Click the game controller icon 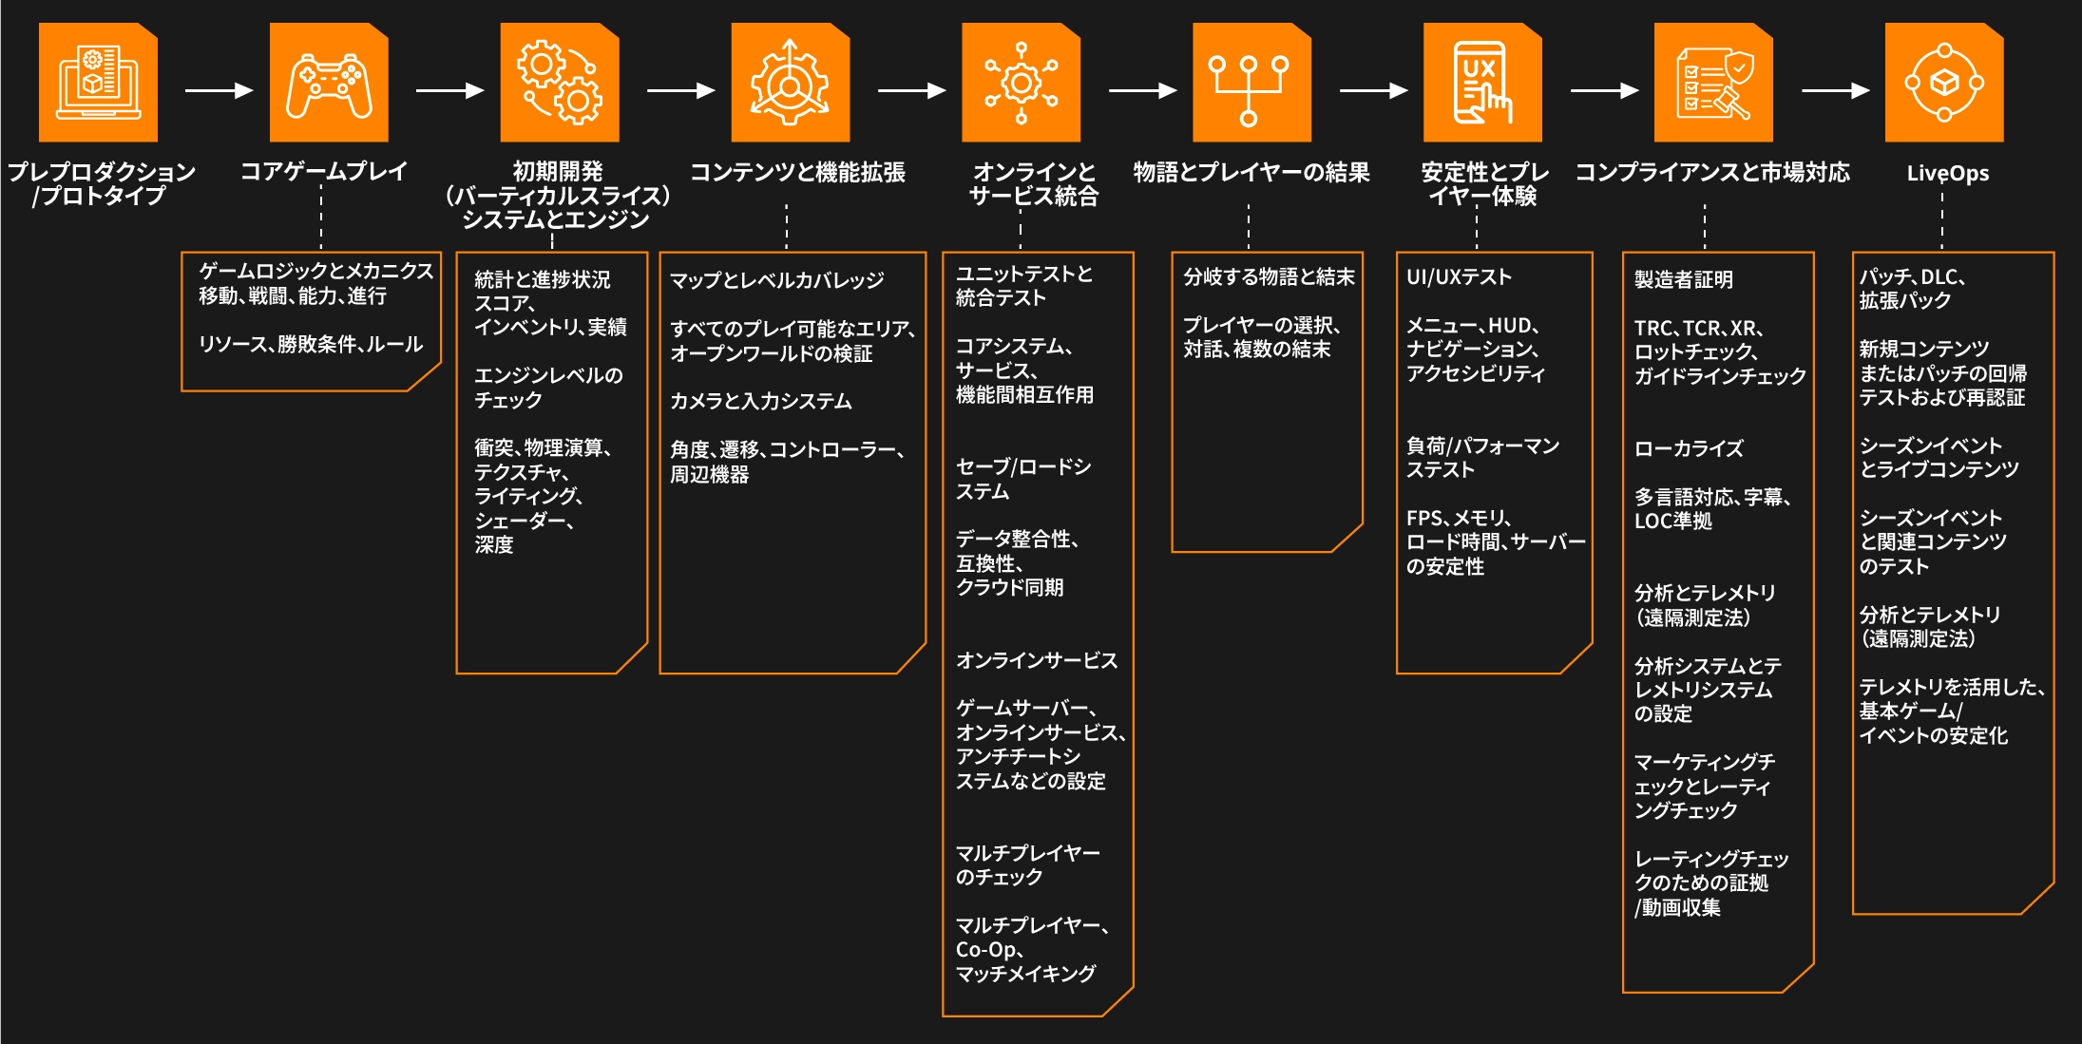click(329, 83)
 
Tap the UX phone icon click(1482, 83)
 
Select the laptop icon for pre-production click(98, 83)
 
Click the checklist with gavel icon click(1713, 83)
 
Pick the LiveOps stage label click(1947, 173)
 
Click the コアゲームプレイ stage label click(324, 172)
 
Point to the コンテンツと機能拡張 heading click(797, 172)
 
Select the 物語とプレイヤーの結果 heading click(1251, 172)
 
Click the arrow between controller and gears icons click(450, 90)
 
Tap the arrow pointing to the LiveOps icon click(1836, 90)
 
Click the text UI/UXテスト click(1459, 277)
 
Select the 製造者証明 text click(1684, 279)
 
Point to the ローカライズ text click(1689, 448)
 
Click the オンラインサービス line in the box click(1037, 660)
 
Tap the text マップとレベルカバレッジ click(776, 280)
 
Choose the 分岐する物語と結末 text click(1269, 277)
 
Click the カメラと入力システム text click(761, 401)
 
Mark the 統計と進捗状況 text click(543, 279)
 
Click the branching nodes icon click(1251, 83)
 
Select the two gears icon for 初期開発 click(560, 83)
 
